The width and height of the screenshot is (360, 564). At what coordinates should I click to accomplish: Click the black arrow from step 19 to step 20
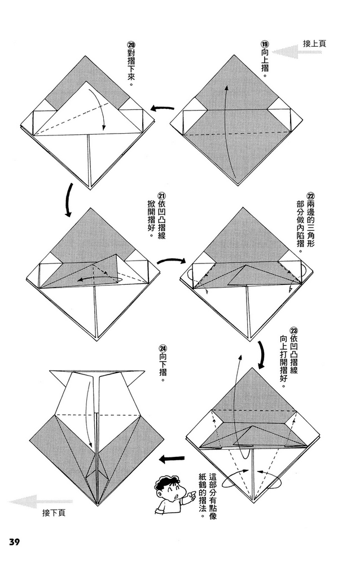(x=160, y=109)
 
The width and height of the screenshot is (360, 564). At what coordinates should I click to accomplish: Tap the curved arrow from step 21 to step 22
(x=171, y=261)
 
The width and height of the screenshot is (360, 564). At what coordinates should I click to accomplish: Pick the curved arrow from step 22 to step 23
(x=262, y=353)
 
